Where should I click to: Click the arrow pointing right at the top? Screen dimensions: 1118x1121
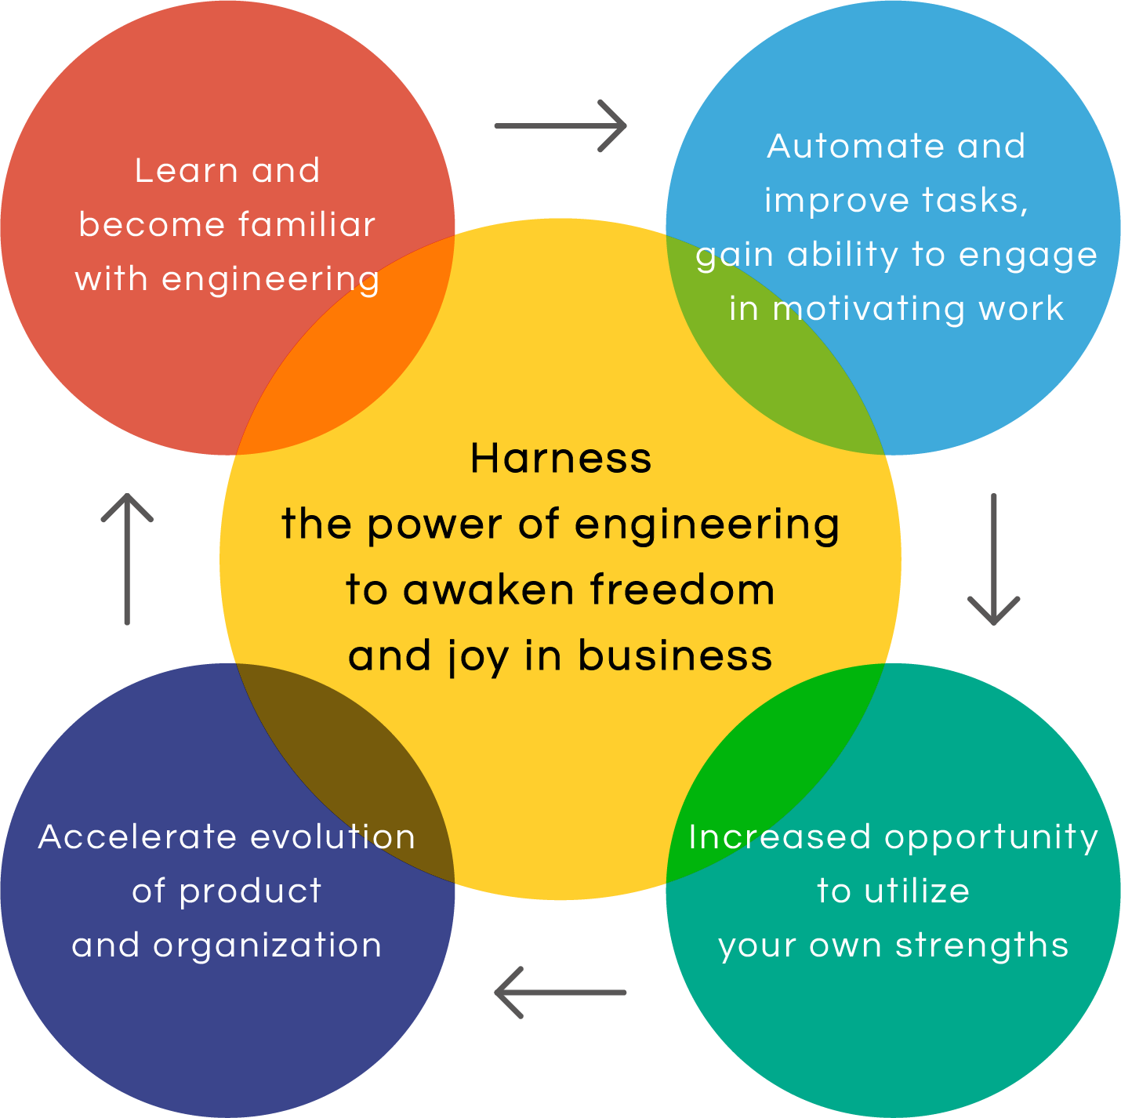point(560,125)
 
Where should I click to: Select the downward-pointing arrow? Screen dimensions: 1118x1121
point(993,560)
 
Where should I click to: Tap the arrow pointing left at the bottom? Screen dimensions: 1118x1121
point(560,993)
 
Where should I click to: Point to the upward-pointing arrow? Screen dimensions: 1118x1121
point(127,559)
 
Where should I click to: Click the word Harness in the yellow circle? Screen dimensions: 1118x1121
point(560,459)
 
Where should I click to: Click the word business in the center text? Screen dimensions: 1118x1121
point(675,655)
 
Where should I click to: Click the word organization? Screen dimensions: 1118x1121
point(267,946)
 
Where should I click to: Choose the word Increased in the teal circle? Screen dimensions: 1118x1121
point(779,837)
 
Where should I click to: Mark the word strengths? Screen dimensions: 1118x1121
point(982,946)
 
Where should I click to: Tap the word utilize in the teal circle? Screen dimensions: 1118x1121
point(916,891)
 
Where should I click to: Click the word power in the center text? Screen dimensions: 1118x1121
point(435,525)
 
